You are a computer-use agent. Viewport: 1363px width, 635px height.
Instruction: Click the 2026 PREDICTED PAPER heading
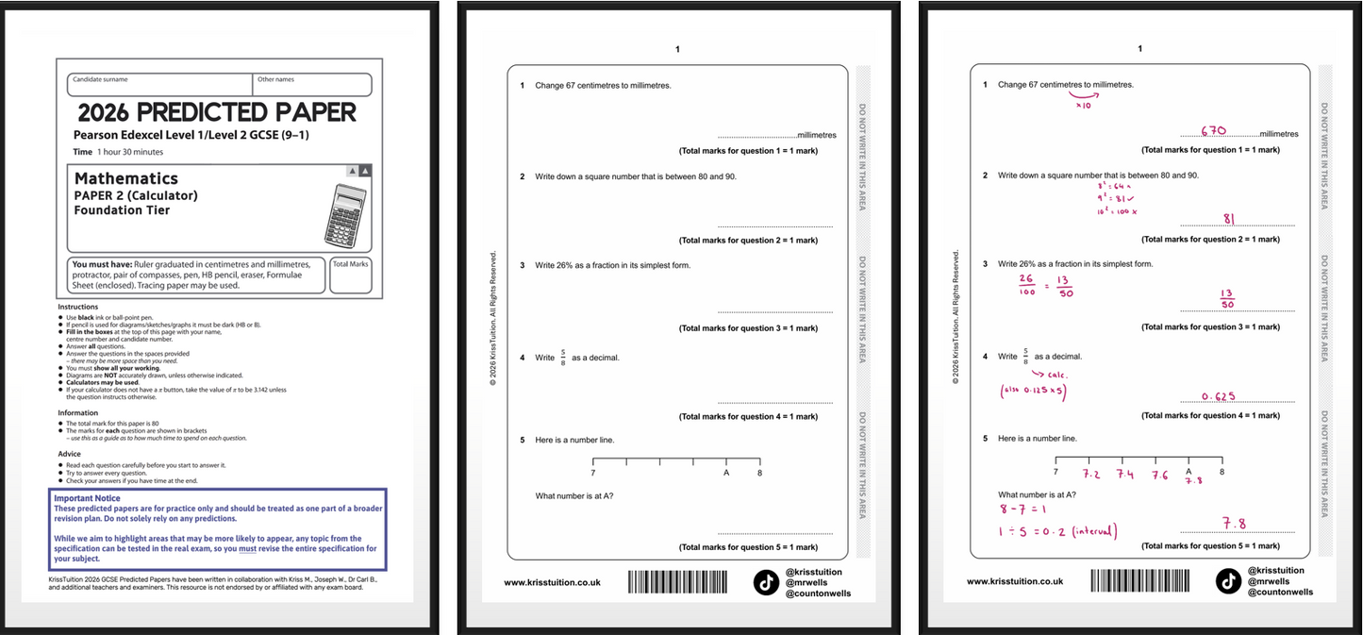pos(217,112)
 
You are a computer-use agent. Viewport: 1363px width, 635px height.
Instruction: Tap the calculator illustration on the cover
pos(345,213)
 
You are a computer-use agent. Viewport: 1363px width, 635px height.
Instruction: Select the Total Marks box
pos(350,276)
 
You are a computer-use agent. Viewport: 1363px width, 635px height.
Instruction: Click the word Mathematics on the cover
pos(126,178)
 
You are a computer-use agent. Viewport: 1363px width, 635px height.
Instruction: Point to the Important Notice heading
pos(87,498)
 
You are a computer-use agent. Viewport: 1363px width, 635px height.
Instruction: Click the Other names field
pos(313,85)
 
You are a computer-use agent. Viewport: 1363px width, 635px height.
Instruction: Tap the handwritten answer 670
pos(1213,131)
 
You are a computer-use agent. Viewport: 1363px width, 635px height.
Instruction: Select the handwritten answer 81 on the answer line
pos(1229,219)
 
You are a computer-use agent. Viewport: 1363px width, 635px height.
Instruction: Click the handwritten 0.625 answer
pos(1219,396)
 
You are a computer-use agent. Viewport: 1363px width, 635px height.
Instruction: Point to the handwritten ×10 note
pos(1084,106)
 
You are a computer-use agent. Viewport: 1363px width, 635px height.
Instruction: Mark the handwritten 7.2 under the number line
pos(1091,474)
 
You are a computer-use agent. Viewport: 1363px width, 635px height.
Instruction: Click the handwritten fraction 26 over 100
pos(1026,285)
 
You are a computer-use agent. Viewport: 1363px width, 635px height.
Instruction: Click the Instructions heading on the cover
pos(77,307)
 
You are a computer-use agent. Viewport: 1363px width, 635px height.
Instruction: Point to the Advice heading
pos(70,454)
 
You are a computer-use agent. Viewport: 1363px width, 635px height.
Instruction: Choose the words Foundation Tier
pos(122,210)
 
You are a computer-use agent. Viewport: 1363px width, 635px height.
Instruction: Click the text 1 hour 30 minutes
pos(130,152)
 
